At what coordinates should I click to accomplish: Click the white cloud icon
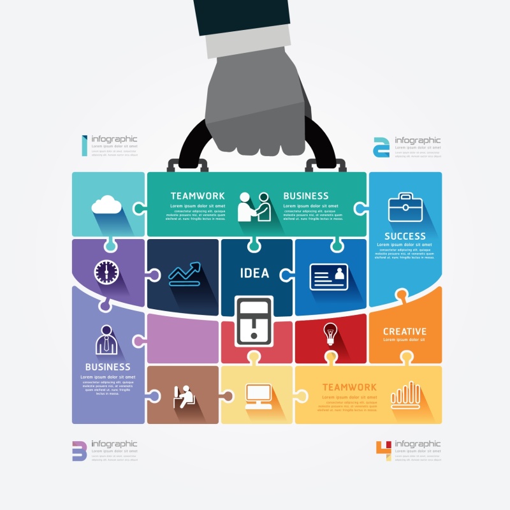click(106, 205)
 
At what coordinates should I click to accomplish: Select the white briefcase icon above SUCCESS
click(404, 208)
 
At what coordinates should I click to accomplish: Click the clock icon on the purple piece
click(106, 272)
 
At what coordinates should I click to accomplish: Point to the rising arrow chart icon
click(184, 273)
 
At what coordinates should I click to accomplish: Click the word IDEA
click(255, 273)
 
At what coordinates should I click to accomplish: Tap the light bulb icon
click(330, 333)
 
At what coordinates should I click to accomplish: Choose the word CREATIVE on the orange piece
click(405, 331)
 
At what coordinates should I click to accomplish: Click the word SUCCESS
click(405, 236)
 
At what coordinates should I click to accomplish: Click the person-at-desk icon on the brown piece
click(184, 396)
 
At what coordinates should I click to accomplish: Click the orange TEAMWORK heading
click(349, 387)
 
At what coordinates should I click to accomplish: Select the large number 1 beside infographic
click(84, 145)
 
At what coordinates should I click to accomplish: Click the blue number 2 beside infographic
click(381, 146)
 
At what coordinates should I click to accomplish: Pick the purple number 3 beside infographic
click(79, 450)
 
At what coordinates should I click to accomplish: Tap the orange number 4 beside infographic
click(382, 449)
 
